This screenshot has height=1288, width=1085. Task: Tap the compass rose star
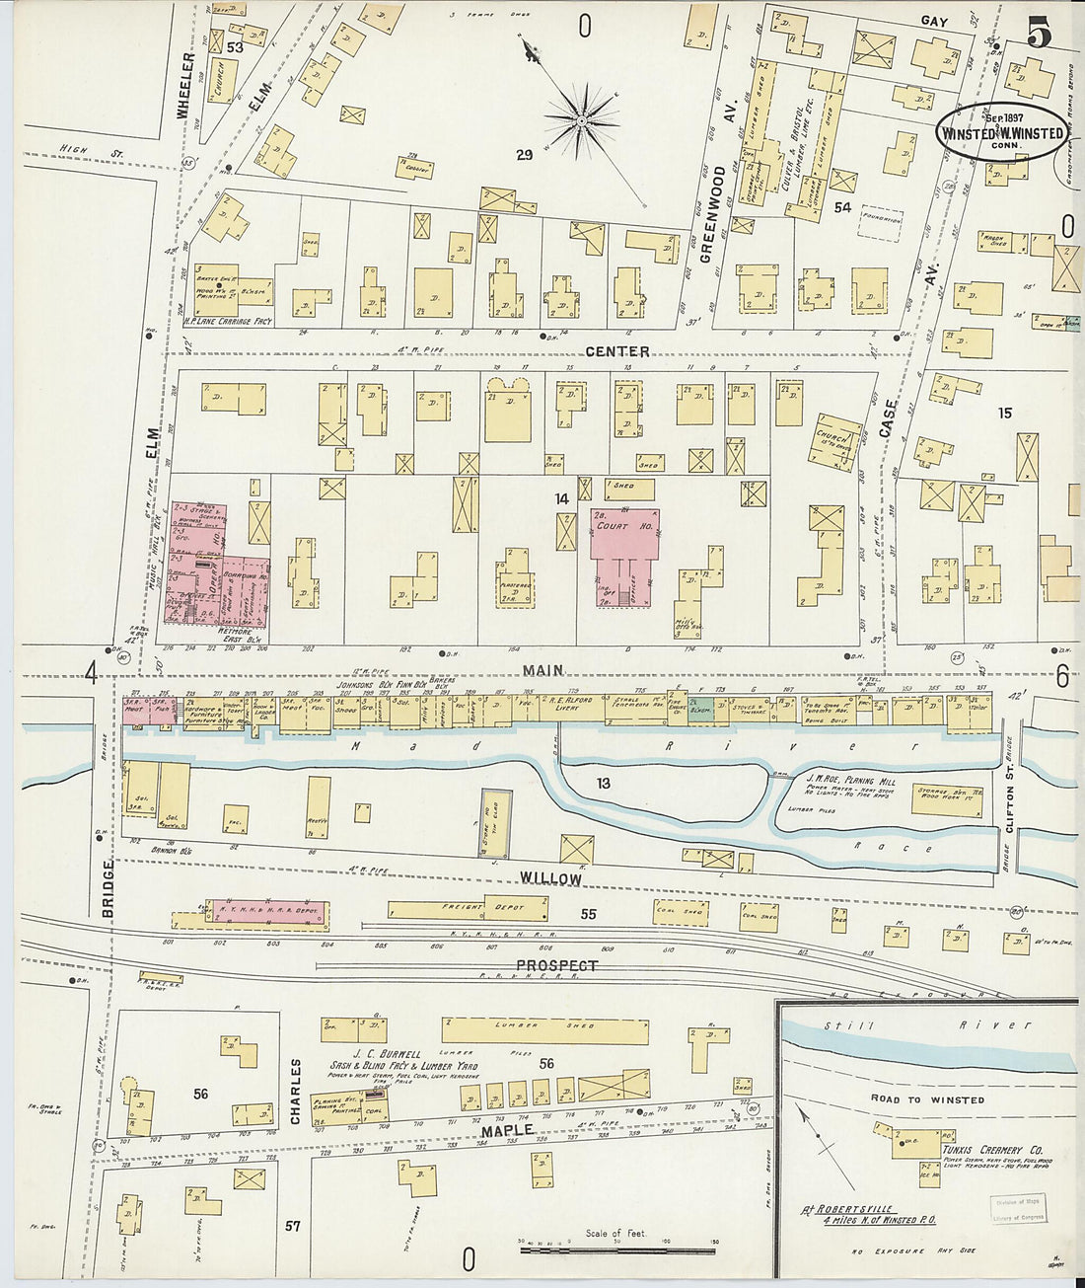point(582,120)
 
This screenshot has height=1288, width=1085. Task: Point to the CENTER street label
point(616,351)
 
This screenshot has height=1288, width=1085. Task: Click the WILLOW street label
point(550,877)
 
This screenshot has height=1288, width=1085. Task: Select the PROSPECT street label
point(557,965)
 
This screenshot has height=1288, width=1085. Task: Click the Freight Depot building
point(467,909)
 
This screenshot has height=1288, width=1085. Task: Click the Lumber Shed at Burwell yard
point(545,1030)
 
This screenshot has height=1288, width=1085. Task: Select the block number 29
point(524,155)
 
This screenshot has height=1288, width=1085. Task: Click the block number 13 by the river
point(603,784)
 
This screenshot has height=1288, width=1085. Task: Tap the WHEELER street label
point(184,86)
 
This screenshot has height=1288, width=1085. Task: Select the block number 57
point(292,1226)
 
